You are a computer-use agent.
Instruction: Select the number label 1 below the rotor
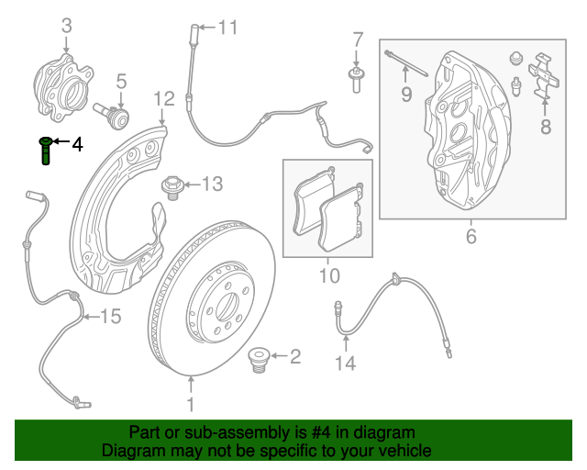tap(191, 404)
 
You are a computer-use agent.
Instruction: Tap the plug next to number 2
tap(259, 360)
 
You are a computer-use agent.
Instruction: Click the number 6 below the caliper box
tap(471, 237)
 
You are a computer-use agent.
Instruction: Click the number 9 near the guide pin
tap(405, 94)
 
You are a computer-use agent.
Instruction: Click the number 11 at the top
tap(227, 27)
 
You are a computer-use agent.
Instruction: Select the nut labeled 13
tap(171, 188)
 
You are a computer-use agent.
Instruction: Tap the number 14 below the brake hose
tap(344, 364)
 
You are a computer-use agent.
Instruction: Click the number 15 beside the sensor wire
tap(110, 317)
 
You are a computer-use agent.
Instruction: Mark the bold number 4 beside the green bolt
tap(76, 144)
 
